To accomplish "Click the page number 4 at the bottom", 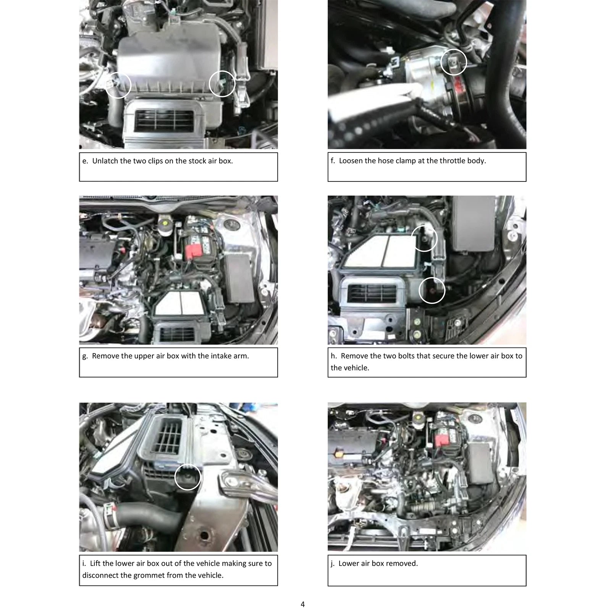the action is tap(303, 604).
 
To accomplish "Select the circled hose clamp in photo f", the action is tap(453, 62).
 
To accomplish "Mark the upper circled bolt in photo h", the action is tap(424, 238).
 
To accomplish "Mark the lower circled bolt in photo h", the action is tap(432, 291).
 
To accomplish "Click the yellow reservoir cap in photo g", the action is tap(165, 222).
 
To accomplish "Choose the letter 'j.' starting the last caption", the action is tap(333, 564).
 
